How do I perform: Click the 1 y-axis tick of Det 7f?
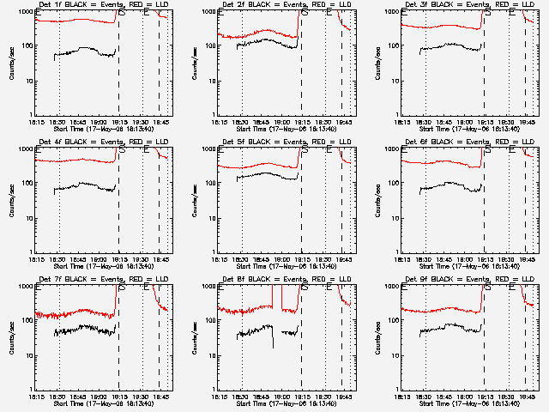click(x=31, y=389)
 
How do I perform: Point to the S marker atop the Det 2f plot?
click(x=305, y=13)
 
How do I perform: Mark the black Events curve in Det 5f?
click(x=257, y=175)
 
